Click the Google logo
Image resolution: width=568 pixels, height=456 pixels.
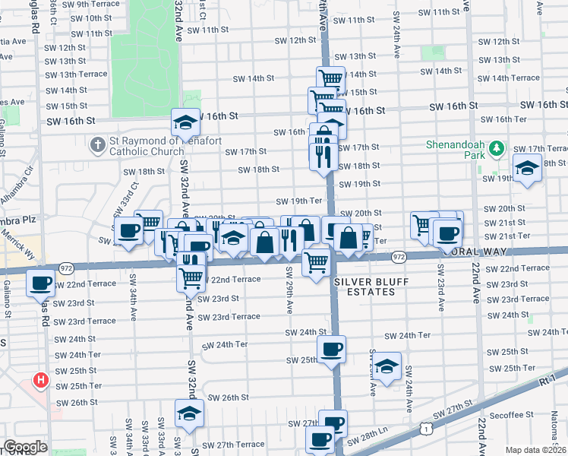[x=25, y=447]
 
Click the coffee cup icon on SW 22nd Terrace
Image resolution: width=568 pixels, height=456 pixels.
[x=39, y=283]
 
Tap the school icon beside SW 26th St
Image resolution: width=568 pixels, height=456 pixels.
[x=188, y=413]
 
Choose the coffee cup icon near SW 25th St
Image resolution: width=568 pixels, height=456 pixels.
[x=331, y=350]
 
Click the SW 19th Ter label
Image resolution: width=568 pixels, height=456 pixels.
[x=296, y=201]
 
